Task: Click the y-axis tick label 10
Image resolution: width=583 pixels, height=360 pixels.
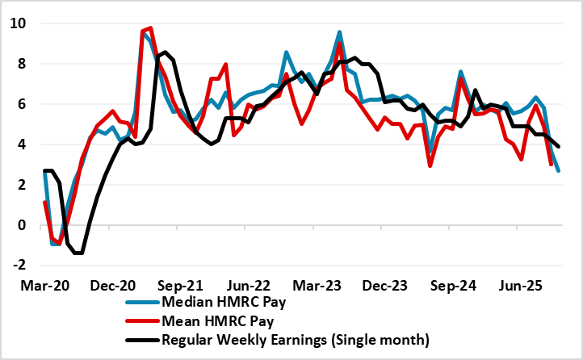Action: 20,24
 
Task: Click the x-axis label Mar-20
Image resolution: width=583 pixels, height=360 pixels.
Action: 44,286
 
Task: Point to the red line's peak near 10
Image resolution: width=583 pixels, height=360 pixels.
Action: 150,28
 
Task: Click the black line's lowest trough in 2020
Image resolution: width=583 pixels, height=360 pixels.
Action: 78,253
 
